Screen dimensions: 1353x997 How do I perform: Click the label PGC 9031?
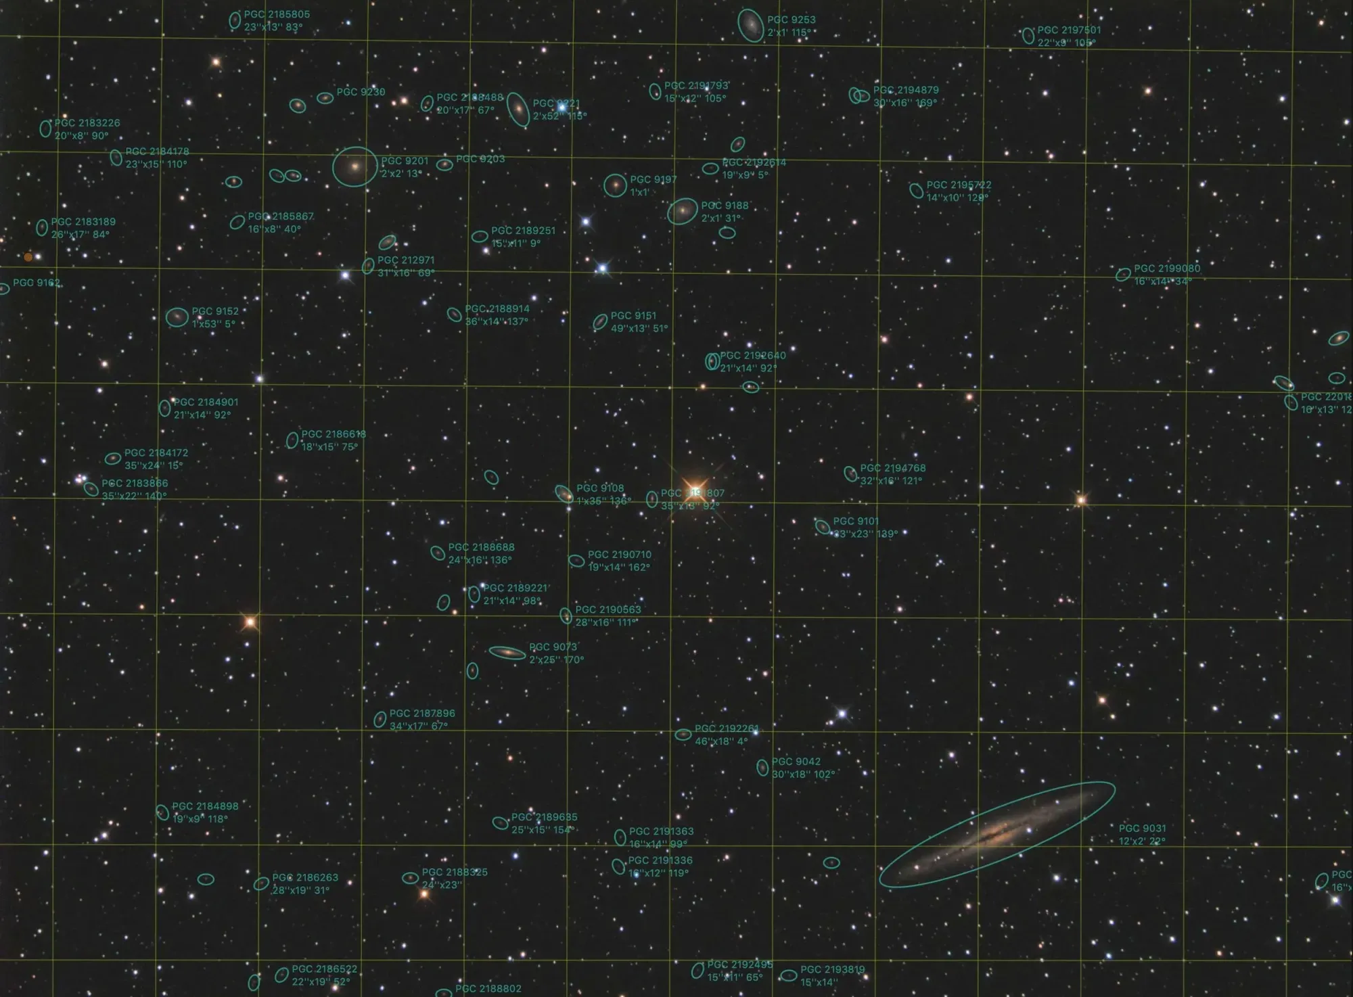[x=1142, y=829]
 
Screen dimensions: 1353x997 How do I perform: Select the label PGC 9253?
[x=791, y=20]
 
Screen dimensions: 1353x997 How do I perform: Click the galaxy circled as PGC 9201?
[x=354, y=166]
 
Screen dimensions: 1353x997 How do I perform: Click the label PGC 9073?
[x=553, y=647]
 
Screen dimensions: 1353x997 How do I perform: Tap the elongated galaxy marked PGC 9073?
[x=507, y=653]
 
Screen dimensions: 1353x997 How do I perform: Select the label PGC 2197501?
[x=1069, y=30]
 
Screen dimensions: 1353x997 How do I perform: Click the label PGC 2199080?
[x=1167, y=269]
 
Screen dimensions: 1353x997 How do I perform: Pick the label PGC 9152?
[x=215, y=312]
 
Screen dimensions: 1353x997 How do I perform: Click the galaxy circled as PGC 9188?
[x=682, y=211]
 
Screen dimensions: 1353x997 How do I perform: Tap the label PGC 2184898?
[x=205, y=806]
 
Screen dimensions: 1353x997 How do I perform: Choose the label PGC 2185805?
[x=277, y=14]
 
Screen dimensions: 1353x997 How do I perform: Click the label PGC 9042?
[x=796, y=762]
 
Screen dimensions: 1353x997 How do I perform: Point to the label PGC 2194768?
[x=892, y=468]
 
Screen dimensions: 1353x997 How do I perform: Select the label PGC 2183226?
[x=87, y=123]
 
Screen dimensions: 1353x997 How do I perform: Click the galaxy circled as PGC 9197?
[x=615, y=185]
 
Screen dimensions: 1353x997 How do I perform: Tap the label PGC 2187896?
[x=422, y=714]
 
